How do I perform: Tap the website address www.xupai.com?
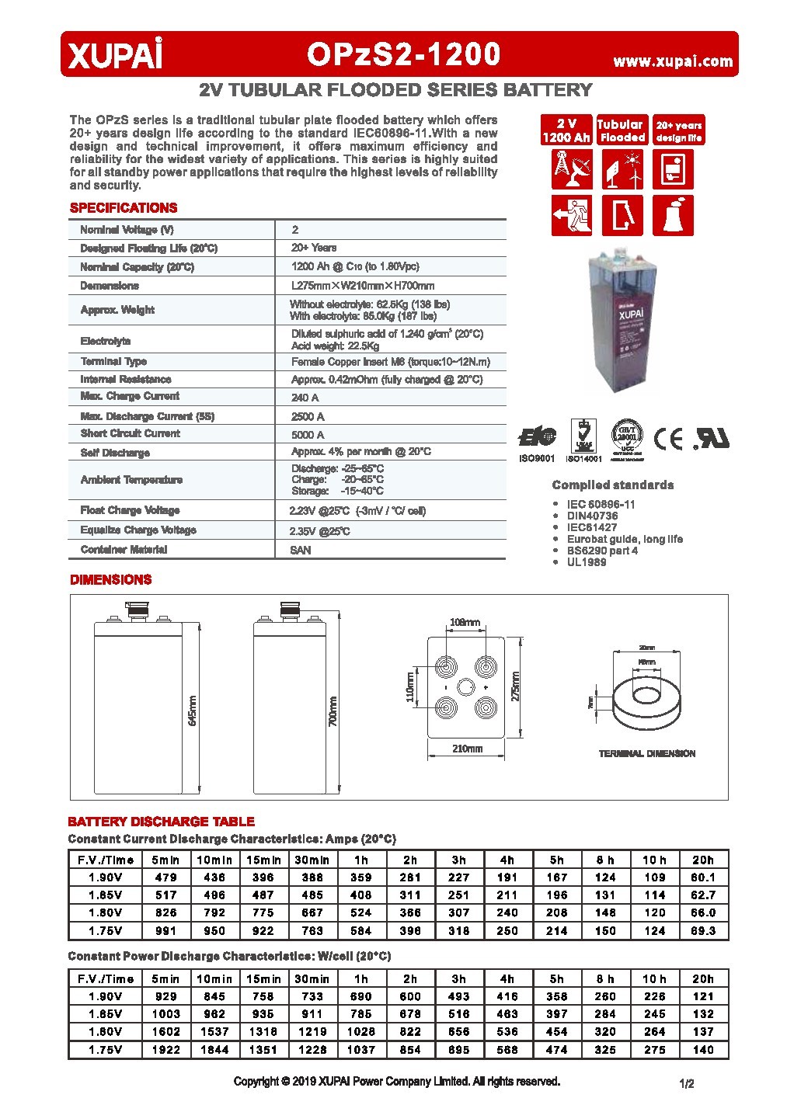coord(673,61)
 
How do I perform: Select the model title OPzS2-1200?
coord(403,54)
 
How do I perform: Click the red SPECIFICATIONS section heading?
coord(124,208)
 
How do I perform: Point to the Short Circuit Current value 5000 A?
coord(308,435)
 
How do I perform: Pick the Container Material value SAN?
coord(301,550)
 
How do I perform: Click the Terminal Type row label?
coord(113,361)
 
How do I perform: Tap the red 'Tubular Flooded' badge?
coord(621,130)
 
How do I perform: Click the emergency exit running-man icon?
coord(571,214)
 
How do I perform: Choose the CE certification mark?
coord(667,440)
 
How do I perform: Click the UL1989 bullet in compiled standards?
coord(587,561)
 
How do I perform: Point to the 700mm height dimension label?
coord(333,711)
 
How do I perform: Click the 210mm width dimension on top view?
coord(467,749)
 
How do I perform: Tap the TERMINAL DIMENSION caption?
coord(646,753)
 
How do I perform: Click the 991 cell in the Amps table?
coord(166,930)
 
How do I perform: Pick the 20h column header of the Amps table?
coord(703,860)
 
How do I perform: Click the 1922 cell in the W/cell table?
coord(166,1049)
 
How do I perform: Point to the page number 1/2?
coord(686,1084)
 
